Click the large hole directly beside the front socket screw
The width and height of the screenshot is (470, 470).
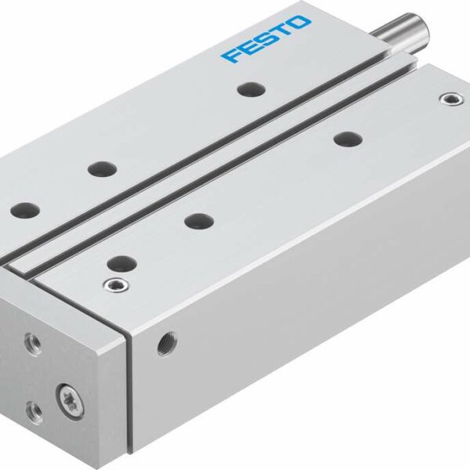120,262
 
